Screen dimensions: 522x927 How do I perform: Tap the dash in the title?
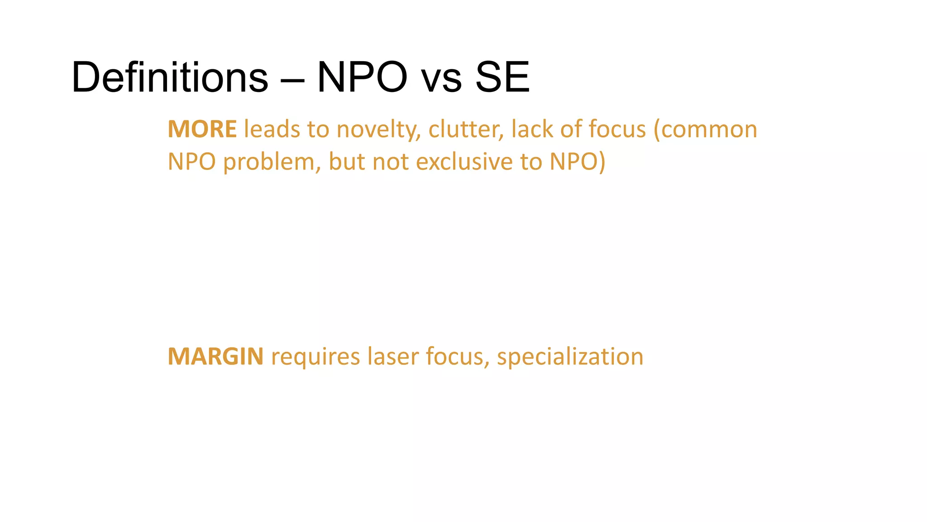pos(292,78)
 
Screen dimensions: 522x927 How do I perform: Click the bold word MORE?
pos(202,129)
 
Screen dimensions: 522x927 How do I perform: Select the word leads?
pos(272,129)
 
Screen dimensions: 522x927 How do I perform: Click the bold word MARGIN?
pos(215,357)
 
